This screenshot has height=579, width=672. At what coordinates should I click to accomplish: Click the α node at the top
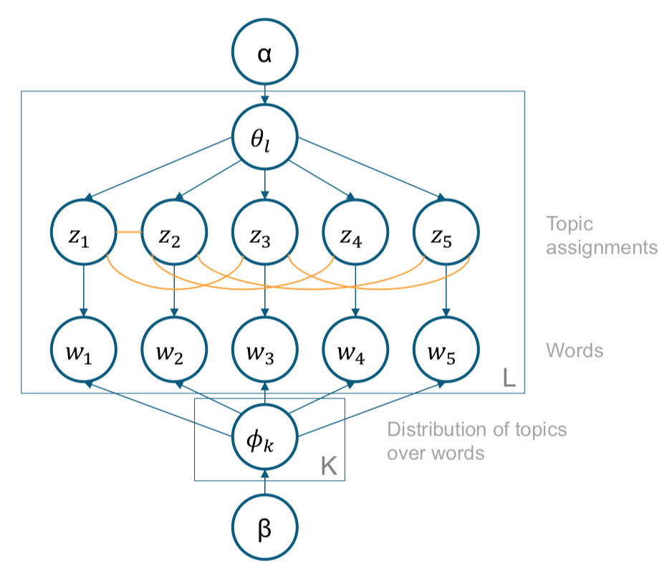(x=264, y=54)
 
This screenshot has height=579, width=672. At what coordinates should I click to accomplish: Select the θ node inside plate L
(x=264, y=136)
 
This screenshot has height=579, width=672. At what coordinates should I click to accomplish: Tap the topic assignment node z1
(x=84, y=234)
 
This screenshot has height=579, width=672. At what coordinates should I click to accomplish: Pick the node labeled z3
(x=264, y=234)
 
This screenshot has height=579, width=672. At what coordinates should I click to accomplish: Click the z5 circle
(x=446, y=234)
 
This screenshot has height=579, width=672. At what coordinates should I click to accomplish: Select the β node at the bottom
(x=264, y=529)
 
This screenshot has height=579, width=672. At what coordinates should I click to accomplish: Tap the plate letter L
(x=509, y=378)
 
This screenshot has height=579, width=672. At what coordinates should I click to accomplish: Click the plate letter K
(x=328, y=466)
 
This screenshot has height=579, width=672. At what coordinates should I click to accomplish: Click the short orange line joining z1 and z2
(x=129, y=232)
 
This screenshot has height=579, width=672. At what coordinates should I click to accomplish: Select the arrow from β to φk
(x=264, y=484)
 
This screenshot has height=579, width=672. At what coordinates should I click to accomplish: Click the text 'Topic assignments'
(x=600, y=236)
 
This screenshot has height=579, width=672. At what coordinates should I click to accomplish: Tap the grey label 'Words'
(x=575, y=350)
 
